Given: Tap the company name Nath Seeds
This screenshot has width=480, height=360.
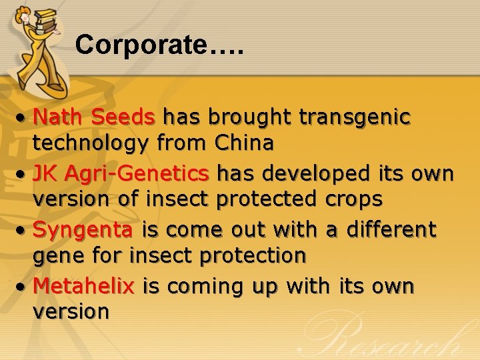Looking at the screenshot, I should pos(94,117).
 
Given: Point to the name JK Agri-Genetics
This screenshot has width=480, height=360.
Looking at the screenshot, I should pos(121,174).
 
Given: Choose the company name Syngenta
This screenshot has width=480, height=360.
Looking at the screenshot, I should pos(83,230).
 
